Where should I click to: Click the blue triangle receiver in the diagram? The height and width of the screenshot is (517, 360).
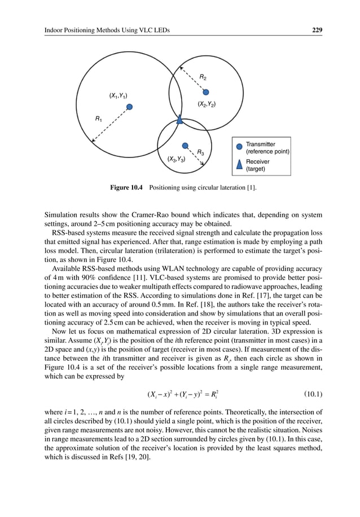point(179,120)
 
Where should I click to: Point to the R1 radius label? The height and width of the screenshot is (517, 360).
point(99,119)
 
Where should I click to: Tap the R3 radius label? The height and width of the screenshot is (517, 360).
point(200,151)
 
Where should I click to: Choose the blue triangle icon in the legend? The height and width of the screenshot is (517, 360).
point(239,164)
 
